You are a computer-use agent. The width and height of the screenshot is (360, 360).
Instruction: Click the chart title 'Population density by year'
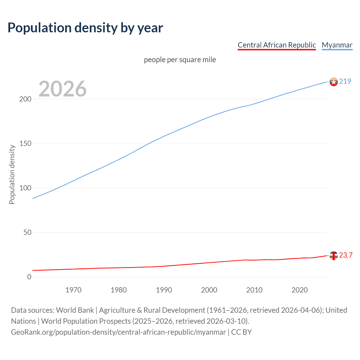85,28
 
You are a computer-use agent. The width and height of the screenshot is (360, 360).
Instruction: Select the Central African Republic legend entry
277,45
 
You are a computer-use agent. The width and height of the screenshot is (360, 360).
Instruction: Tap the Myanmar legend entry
337,45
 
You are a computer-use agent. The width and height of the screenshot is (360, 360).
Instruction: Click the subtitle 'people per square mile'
180,60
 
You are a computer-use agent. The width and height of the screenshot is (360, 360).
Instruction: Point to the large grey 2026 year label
62,89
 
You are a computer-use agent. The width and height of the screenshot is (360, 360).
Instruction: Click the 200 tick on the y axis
25,99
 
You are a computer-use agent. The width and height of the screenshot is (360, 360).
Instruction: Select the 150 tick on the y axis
25,144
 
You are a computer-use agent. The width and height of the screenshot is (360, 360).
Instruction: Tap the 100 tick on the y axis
25,188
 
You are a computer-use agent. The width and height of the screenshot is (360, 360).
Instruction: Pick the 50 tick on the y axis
27,233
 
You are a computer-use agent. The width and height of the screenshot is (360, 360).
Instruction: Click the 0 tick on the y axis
29,277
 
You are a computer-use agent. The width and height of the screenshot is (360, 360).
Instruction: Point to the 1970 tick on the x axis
73,290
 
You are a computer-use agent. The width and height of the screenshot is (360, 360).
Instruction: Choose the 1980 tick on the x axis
119,290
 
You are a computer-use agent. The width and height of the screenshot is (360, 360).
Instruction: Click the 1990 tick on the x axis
164,290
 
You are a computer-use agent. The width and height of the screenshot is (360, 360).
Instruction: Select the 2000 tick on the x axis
209,290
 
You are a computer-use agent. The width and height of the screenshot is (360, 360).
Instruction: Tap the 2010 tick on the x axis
254,290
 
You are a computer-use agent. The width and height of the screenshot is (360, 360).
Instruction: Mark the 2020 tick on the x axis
300,290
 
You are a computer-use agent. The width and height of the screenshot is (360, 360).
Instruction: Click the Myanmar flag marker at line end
334,82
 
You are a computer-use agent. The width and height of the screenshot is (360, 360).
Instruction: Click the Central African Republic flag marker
334,256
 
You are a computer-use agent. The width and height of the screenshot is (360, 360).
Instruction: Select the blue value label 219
345,82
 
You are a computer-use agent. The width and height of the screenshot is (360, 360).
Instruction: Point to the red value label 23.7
346,255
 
